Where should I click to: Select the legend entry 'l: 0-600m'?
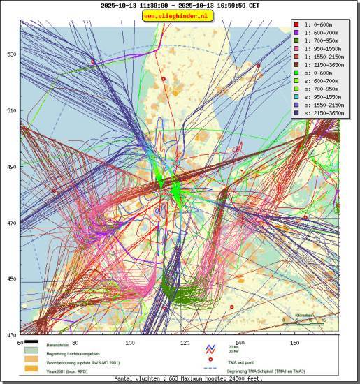[319, 25]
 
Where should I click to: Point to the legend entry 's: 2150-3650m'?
[323, 112]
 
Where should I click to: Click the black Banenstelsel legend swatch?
[31, 344]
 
